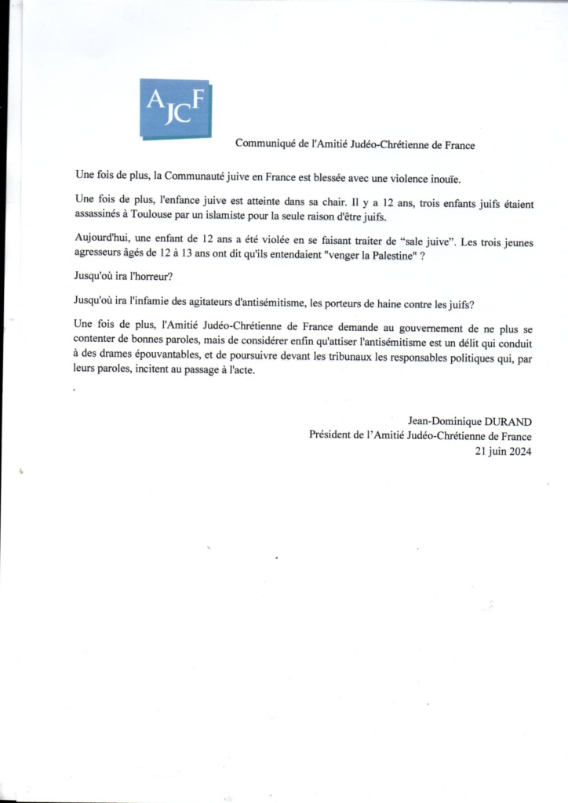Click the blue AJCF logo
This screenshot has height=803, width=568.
click(x=176, y=108)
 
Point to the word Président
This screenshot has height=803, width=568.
click(x=332, y=437)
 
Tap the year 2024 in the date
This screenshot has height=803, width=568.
click(x=516, y=451)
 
